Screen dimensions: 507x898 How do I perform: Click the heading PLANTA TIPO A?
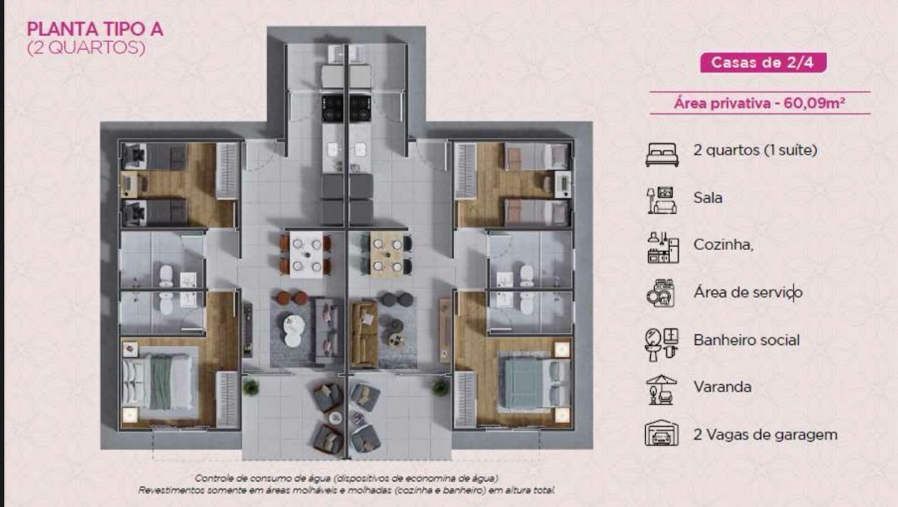coord(94,29)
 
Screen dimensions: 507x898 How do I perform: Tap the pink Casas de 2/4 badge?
coord(763,62)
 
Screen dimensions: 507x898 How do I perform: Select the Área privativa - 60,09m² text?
coord(759,104)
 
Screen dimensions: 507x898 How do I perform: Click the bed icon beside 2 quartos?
coord(661,153)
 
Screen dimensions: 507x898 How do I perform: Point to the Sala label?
coord(708,197)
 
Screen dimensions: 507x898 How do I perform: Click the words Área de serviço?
coord(747,292)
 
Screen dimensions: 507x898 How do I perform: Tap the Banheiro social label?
coord(746,339)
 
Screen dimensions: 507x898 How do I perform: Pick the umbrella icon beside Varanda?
coord(661,389)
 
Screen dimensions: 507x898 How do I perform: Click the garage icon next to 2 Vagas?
coord(661,433)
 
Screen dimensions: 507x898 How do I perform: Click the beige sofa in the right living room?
coord(364,332)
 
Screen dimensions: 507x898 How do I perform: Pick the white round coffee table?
coord(293,330)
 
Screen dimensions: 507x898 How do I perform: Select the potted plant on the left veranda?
coord(250,387)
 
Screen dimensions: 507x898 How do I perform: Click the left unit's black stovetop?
coord(332,108)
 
